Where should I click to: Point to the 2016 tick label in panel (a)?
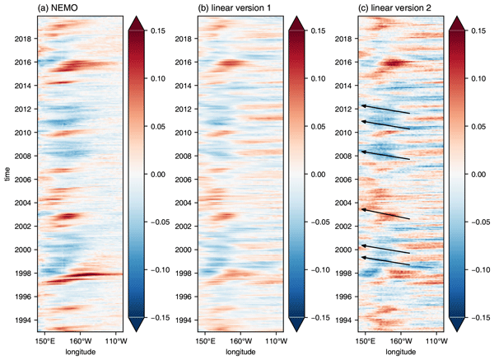tap(21, 62)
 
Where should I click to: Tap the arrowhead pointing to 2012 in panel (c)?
tap(363, 105)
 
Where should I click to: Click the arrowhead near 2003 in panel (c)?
tap(363, 209)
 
